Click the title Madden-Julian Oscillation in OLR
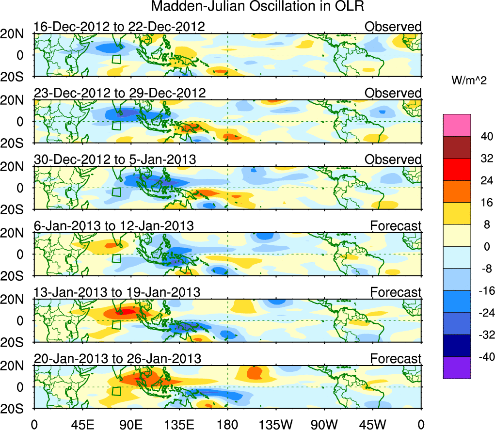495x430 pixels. tap(257, 7)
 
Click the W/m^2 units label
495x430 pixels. tap(469, 80)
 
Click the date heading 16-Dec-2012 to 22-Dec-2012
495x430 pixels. tap(119, 26)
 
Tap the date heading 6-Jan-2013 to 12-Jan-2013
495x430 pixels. tap(113, 225)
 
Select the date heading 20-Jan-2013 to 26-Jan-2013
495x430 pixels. tap(117, 359)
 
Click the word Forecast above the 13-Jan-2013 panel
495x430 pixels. tap(396, 292)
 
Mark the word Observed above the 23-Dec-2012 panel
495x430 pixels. tap(393, 93)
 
